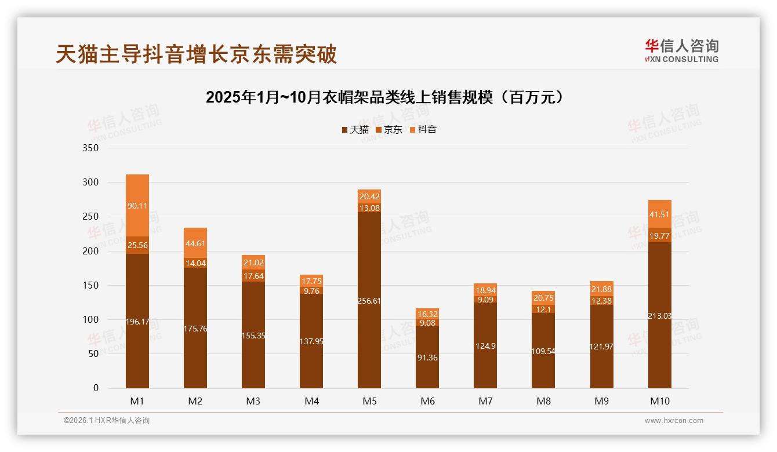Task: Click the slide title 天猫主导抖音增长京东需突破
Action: coord(196,54)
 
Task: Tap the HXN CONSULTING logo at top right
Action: coord(681,51)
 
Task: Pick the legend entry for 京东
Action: coord(389,129)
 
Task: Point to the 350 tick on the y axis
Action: coord(92,148)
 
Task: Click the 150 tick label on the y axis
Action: coord(92,285)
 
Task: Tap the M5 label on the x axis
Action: coord(369,401)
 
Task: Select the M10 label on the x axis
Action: coord(659,401)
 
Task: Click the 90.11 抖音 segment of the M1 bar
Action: coord(137,205)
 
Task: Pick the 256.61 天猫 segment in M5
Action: coord(369,300)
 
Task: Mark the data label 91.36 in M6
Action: coord(427,358)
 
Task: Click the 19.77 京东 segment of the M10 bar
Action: coord(659,235)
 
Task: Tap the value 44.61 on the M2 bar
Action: coord(195,243)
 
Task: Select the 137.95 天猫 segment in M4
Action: coord(311,341)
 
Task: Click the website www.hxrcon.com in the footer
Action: coord(674,421)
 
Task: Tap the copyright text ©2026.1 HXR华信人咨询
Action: coord(107,421)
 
